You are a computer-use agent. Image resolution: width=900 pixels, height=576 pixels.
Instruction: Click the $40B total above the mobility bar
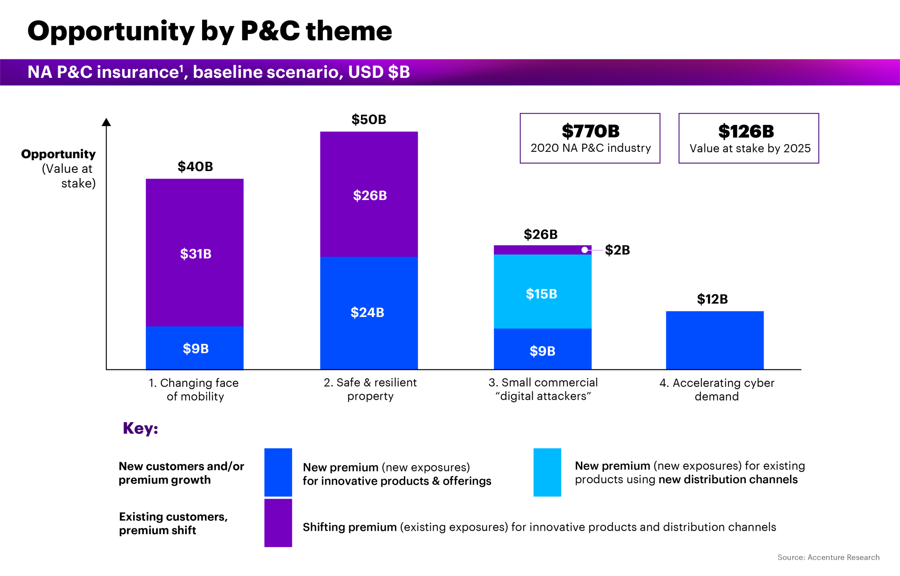coord(195,167)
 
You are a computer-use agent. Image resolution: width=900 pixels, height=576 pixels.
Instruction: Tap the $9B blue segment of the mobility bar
coord(195,348)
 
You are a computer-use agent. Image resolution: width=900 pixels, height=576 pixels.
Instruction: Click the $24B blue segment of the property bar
coord(369,313)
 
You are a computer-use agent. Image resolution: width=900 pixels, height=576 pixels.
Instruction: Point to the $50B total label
coord(369,120)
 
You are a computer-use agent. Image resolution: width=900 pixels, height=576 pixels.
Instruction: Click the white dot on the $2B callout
coord(584,250)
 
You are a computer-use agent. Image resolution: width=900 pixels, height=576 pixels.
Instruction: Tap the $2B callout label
coord(617,250)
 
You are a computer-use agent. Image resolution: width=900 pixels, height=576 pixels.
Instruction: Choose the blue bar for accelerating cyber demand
coord(715,340)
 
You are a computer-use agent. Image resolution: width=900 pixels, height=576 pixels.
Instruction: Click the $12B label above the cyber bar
coord(712,299)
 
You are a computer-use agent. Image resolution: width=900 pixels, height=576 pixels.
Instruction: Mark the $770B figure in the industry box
coord(590,131)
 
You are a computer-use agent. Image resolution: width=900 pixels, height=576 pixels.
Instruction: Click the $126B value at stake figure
coord(746,131)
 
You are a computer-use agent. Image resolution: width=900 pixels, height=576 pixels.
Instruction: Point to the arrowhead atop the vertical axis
coord(106,122)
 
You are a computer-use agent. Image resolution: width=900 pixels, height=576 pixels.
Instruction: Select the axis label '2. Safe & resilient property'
coord(370,389)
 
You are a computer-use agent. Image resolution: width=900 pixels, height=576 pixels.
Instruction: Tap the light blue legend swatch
coord(547,472)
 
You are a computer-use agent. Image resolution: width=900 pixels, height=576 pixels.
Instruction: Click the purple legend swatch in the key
coord(278,523)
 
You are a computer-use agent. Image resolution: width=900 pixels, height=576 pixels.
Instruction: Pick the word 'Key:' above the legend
coord(140,428)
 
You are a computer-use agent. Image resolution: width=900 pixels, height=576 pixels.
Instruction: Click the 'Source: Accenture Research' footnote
coord(828,558)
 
